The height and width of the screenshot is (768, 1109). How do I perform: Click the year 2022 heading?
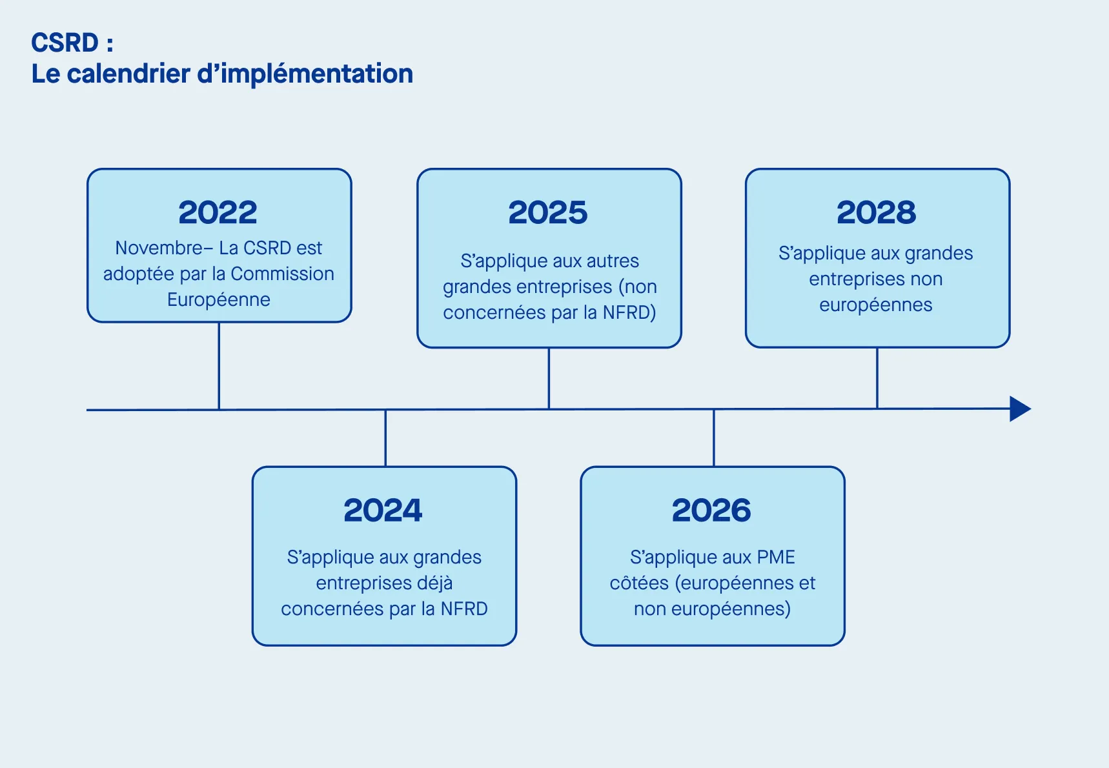coord(218,212)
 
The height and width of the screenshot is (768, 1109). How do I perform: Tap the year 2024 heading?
coord(383,510)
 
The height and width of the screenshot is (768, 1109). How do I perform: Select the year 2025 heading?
coord(548,212)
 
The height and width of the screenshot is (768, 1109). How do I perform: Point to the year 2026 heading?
coord(711,510)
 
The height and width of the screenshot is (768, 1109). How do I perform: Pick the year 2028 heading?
coord(877,212)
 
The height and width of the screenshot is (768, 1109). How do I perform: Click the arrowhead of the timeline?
coord(1019,409)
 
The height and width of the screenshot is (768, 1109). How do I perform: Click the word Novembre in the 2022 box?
coord(159,248)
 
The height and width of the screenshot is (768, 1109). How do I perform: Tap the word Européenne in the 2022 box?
coord(219,299)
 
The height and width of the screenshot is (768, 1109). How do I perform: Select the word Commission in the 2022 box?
coord(282,274)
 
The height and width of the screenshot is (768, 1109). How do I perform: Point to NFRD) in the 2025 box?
coord(629,312)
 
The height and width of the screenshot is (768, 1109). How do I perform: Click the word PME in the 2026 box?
coord(776,557)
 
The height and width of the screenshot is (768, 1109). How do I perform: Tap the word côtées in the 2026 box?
coord(639,583)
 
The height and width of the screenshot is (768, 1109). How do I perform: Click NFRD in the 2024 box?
coord(464,609)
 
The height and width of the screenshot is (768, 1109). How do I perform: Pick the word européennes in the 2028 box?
coord(876,305)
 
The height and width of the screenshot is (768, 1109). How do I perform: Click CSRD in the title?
coord(65,43)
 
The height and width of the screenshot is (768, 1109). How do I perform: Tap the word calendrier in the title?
coord(128,74)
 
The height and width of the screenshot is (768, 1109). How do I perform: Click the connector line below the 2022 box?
coord(219,365)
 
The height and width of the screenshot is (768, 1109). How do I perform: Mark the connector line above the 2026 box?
coord(714,438)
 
